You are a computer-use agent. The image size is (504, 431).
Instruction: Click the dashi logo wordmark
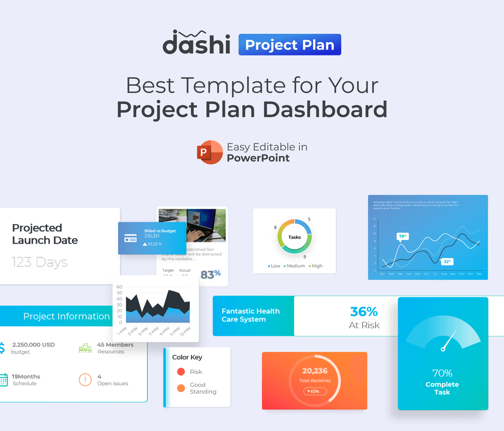click(196, 43)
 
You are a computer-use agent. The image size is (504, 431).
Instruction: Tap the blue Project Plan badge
click(290, 45)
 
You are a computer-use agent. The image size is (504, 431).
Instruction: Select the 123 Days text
click(40, 262)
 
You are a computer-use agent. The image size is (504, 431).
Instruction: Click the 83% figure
click(210, 275)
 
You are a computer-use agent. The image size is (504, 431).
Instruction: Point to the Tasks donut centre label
click(294, 237)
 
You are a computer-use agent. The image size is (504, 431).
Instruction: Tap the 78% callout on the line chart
click(402, 236)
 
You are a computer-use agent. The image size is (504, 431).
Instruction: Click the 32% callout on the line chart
click(447, 262)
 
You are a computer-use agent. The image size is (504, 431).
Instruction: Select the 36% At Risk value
click(364, 311)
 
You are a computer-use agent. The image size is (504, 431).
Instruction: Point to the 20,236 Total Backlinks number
click(315, 371)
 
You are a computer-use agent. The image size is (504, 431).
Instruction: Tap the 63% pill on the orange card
click(315, 391)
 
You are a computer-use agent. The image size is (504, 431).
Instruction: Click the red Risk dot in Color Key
click(181, 372)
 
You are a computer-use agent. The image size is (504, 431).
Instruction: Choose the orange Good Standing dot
click(181, 388)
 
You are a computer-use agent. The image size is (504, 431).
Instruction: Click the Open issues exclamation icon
click(85, 380)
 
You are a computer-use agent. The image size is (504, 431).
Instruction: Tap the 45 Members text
click(115, 345)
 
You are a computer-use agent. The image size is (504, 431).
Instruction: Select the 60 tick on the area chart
click(119, 287)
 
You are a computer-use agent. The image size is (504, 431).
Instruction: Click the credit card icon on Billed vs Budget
click(131, 238)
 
